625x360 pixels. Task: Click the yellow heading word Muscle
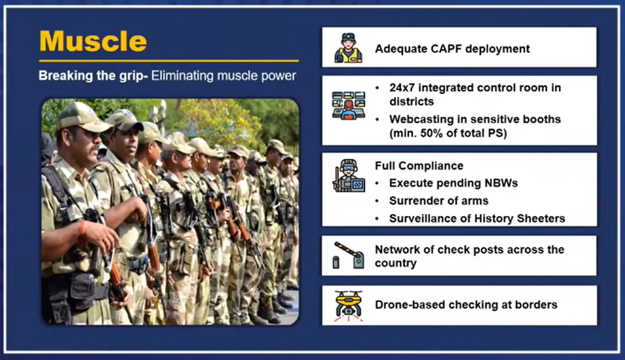(x=93, y=41)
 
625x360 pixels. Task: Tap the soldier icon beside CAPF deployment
(x=349, y=48)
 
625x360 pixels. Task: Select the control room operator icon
(x=349, y=106)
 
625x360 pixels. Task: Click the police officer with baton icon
(x=349, y=176)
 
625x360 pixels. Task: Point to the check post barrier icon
(x=349, y=255)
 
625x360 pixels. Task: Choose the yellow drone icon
(x=349, y=305)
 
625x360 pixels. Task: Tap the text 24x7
(x=402, y=87)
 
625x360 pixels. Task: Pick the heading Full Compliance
(x=419, y=166)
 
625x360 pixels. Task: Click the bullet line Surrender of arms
(x=439, y=200)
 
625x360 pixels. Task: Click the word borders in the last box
(x=536, y=305)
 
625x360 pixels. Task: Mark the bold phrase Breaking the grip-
(x=93, y=76)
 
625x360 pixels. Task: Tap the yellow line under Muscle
(x=169, y=61)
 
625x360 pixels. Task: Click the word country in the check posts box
(x=396, y=264)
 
